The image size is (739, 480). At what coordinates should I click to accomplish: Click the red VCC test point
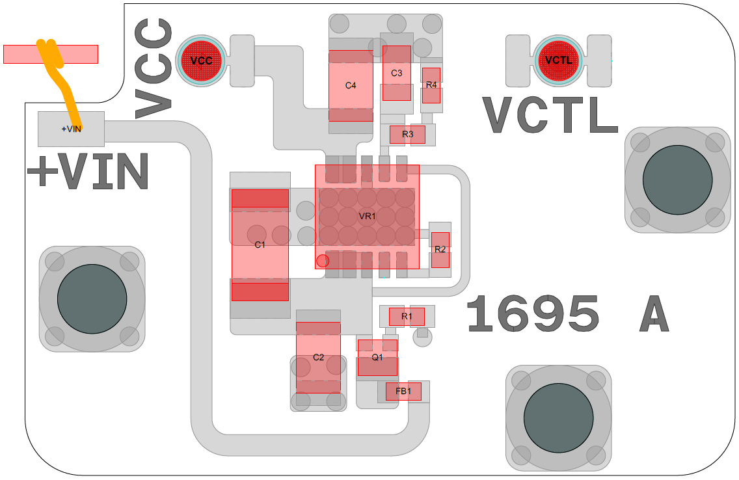coord(202,60)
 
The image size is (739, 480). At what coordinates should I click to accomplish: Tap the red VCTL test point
coord(559,60)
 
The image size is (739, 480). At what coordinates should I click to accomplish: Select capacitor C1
coord(260,245)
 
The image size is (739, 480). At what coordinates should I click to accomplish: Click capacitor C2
coord(318,358)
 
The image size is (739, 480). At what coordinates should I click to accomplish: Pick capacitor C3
coord(396,73)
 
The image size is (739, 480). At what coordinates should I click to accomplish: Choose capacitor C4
coord(351,85)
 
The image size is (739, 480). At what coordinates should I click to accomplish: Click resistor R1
coord(407,317)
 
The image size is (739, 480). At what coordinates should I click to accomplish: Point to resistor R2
coord(440,250)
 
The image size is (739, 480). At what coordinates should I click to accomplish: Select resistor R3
coord(407,135)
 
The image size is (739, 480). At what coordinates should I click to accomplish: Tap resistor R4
coord(431,85)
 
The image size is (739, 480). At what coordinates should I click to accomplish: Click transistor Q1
coord(377,358)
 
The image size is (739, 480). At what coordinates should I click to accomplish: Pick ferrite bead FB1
coord(403,391)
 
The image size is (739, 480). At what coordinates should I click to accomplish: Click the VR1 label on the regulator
coord(368,216)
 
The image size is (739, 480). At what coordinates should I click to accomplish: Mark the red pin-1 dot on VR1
coord(323,261)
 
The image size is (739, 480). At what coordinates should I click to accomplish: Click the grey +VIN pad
coord(71,129)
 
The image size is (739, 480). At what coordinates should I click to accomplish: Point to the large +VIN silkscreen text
coord(88,172)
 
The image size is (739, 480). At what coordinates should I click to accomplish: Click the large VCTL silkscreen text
coord(550,116)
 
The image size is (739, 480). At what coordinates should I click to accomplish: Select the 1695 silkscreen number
coord(533,313)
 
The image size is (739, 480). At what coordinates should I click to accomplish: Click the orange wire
coord(62,78)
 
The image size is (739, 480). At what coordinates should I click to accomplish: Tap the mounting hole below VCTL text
coord(677,180)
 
